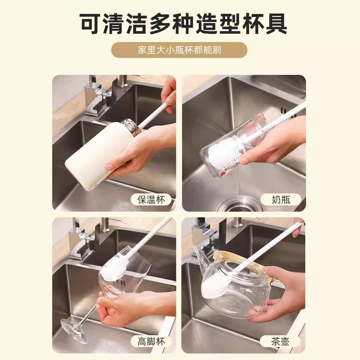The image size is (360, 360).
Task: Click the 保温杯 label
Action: pos(151,199)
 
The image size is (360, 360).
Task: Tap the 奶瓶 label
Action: pos(281,199)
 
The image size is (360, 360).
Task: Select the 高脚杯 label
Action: pos(151,342)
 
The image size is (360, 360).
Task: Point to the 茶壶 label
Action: pos(280,342)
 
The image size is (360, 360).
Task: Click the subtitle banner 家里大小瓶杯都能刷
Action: pos(179,50)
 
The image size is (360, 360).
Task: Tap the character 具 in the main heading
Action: pos(276,23)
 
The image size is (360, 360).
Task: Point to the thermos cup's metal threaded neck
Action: pos(131,127)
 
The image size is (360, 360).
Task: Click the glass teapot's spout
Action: pos(199,253)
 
